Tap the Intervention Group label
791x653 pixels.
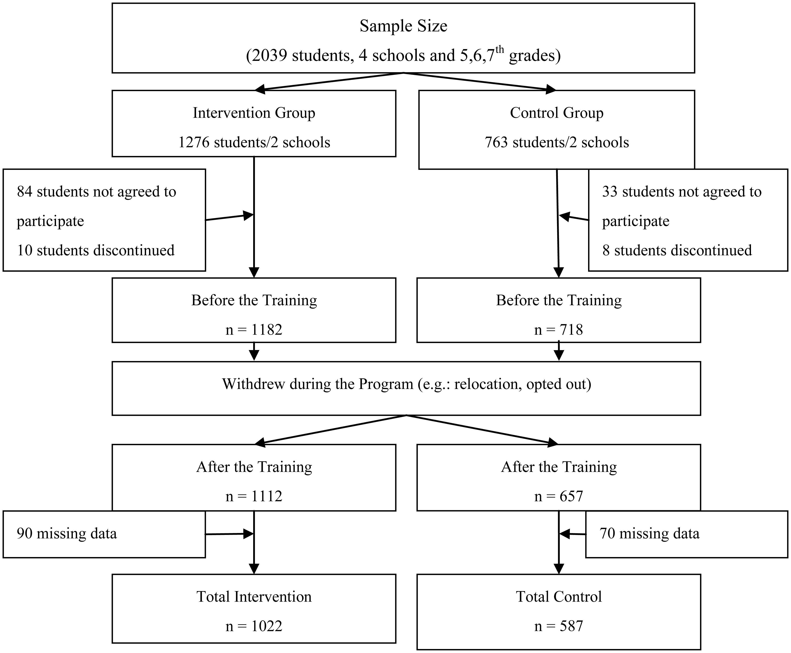point(254,113)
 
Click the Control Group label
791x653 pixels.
point(557,113)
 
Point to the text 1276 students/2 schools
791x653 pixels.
point(254,142)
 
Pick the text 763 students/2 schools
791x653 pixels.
point(557,142)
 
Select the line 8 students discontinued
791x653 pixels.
point(677,250)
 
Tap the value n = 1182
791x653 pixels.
point(254,330)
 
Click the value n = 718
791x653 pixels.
point(558,330)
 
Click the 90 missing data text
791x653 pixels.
point(67,533)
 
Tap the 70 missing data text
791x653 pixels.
point(649,533)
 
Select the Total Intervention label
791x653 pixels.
point(254,597)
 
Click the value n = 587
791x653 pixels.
point(558,626)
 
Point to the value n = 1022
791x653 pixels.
point(254,626)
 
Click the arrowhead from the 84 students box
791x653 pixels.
point(248,216)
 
